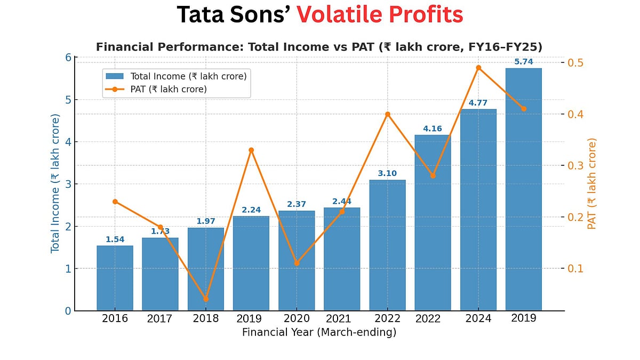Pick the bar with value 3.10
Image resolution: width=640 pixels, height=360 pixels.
point(387,245)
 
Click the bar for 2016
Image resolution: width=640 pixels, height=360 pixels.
point(115,278)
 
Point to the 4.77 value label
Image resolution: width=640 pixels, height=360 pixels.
point(478,103)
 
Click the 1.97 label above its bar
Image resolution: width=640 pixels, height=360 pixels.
point(206,221)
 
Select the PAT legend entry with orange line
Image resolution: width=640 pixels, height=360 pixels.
point(169,89)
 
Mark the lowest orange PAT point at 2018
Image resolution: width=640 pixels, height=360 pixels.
point(206,299)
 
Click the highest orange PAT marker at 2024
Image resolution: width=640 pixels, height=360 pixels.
point(478,68)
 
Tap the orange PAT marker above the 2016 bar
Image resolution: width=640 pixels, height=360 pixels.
point(115,202)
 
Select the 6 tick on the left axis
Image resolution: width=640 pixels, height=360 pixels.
point(68,57)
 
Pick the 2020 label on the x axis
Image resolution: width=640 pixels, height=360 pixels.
point(297,318)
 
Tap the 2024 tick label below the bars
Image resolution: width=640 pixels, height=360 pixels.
point(478,318)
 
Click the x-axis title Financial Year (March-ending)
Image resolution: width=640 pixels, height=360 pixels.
point(319,332)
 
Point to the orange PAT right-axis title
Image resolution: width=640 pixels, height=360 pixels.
point(591,183)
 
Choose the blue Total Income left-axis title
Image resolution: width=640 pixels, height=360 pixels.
point(55,183)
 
